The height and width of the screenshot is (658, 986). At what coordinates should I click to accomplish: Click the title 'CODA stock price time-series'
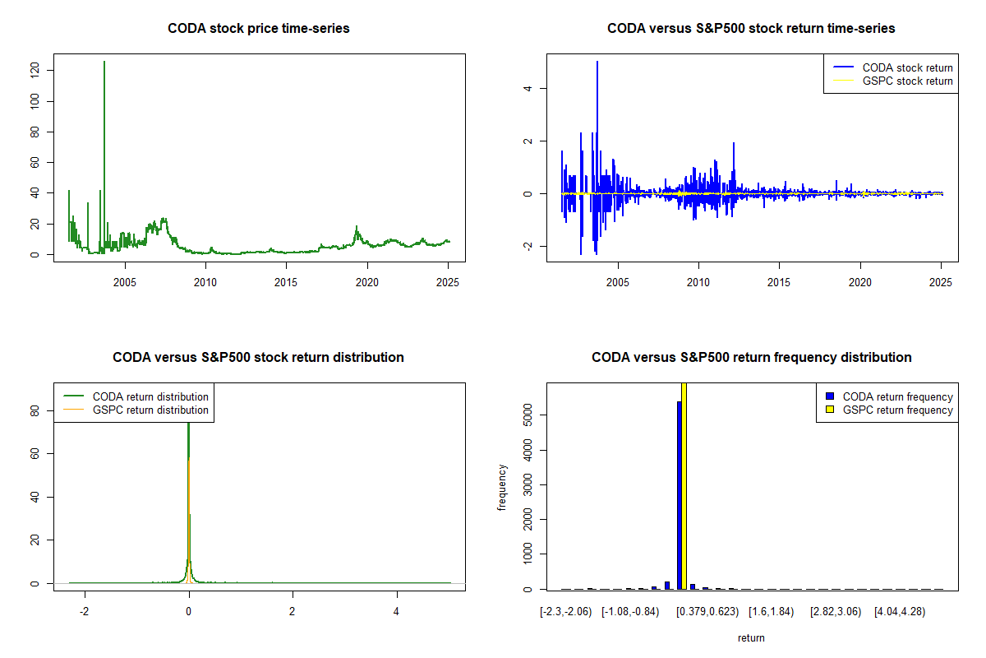point(259,28)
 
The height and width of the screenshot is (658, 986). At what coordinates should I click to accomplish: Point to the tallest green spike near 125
point(104,63)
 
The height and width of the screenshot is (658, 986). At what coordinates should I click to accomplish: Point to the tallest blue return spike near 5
point(597,63)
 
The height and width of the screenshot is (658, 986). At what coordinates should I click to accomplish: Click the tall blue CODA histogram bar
point(679,493)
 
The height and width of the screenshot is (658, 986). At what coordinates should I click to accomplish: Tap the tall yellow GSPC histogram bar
point(684,485)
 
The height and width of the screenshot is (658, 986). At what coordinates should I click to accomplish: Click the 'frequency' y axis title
point(502,488)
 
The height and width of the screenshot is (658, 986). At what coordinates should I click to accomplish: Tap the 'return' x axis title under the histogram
point(750,637)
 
